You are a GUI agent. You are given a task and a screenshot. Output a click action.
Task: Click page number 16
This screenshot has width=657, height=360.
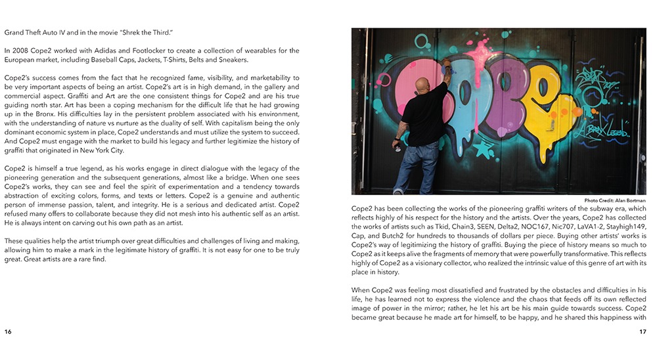click(x=8, y=331)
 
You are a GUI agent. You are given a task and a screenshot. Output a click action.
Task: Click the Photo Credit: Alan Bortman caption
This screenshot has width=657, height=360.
click(x=615, y=200)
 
